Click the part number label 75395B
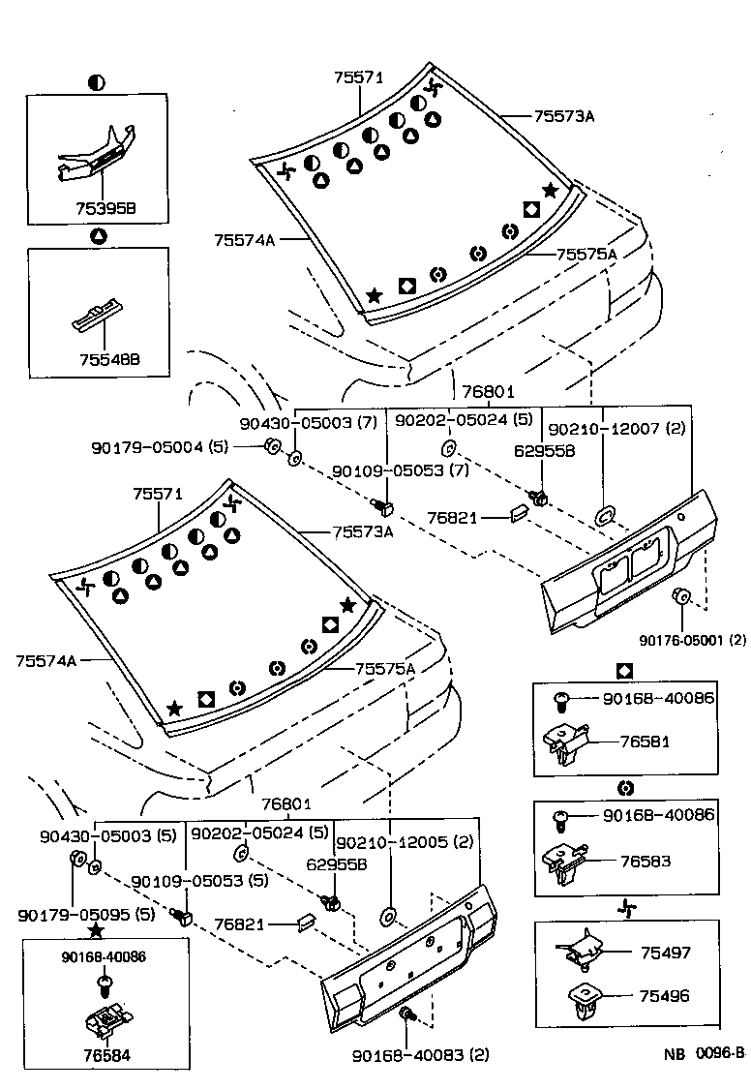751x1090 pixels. (105, 207)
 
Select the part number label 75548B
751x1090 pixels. (109, 359)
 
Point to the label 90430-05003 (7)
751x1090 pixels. (308, 423)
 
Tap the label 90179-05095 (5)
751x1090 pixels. (85, 914)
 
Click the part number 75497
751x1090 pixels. (665, 953)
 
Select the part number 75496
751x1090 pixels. (665, 995)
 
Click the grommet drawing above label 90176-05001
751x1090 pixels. (680, 595)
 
